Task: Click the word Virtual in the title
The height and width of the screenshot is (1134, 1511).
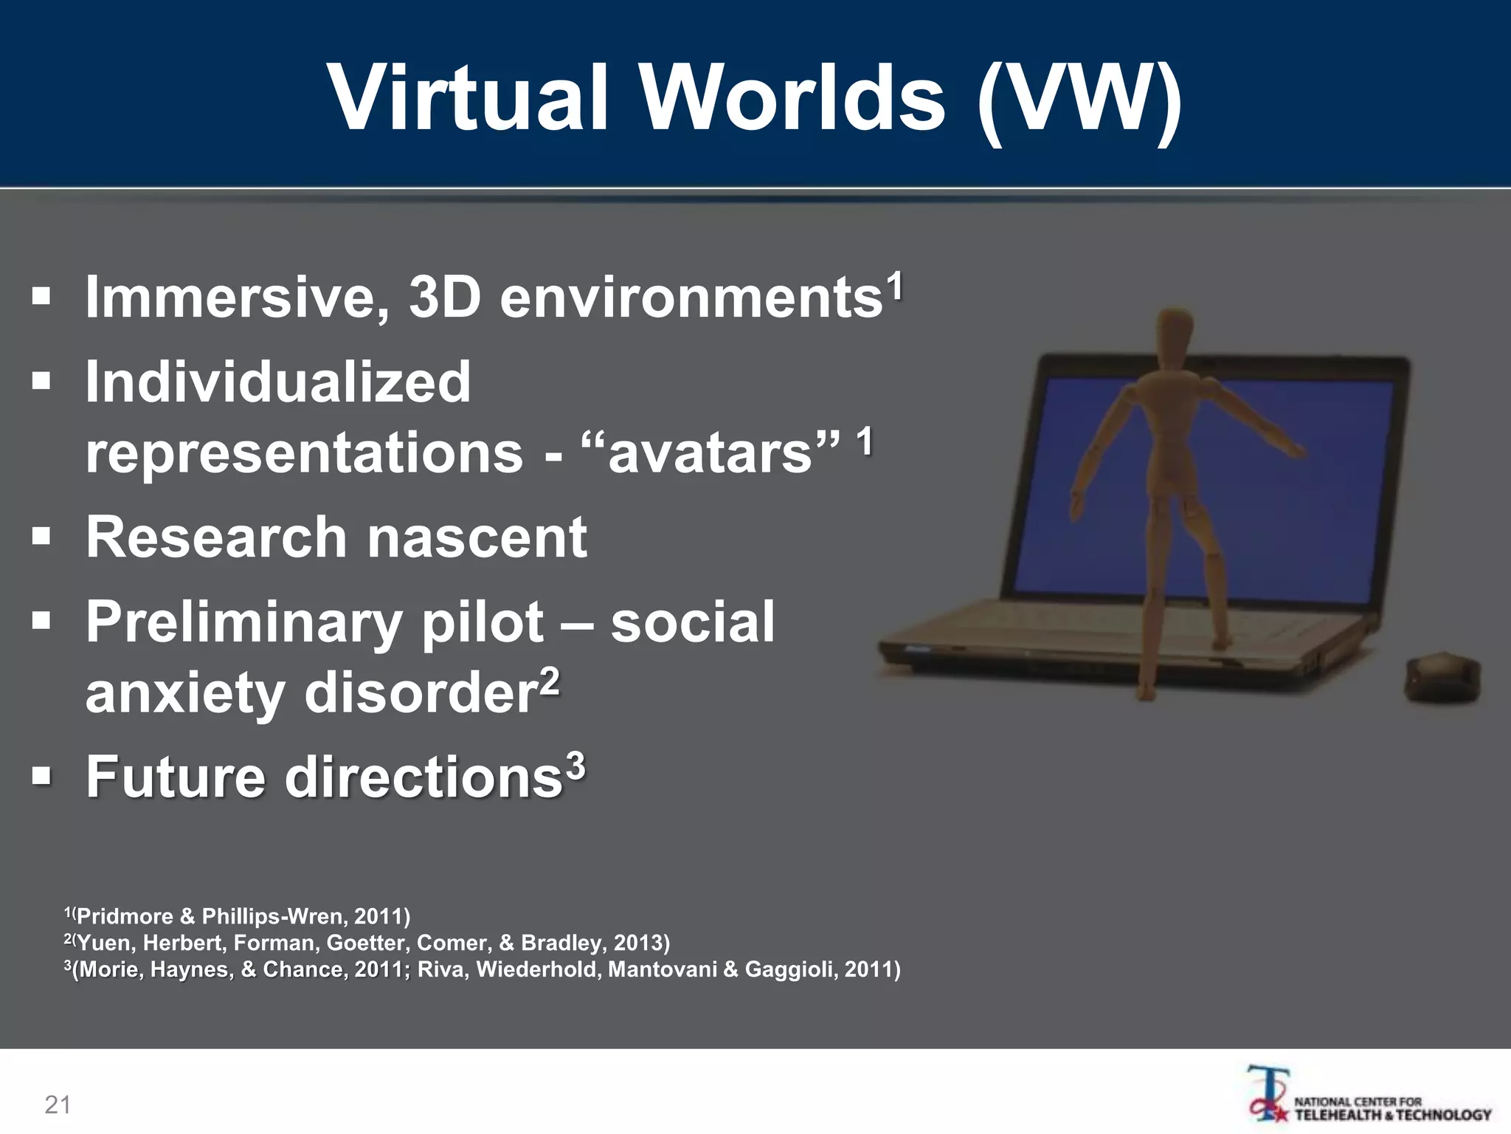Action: [x=469, y=97]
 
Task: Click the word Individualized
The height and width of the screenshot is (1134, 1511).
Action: [x=278, y=382]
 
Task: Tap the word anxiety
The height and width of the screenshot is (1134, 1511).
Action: [x=184, y=694]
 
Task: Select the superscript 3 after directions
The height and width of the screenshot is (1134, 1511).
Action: [x=575, y=766]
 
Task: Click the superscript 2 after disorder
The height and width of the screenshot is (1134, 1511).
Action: [x=550, y=683]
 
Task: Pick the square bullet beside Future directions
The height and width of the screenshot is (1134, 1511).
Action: [x=41, y=776]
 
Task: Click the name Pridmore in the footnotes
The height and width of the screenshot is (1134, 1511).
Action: [x=125, y=917]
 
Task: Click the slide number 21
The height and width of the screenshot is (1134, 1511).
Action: [x=58, y=1104]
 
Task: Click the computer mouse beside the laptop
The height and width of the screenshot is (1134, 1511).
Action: [x=1443, y=678]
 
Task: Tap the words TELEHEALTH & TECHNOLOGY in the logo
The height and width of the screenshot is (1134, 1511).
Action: [x=1393, y=1115]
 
